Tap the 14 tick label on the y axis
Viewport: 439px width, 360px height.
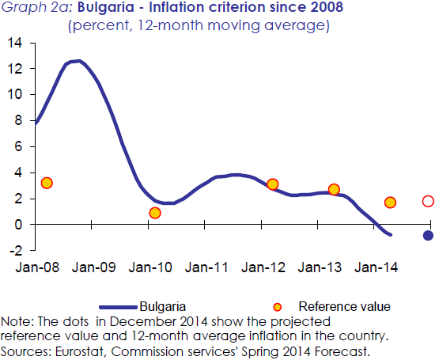pos(14,44)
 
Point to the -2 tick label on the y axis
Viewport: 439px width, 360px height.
pos(16,250)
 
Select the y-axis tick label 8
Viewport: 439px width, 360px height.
pos(18,121)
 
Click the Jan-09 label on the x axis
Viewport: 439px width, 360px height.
pos(94,267)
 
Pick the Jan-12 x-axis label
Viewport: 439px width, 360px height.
pos(263,267)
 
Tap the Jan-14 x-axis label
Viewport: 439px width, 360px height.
pos(376,267)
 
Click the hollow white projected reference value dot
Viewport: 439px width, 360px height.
pos(428,201)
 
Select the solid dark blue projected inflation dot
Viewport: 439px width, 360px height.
pos(428,236)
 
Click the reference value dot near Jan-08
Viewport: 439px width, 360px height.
pos(47,183)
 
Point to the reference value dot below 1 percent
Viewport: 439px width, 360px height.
pos(155,213)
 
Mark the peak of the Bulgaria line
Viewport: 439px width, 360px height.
pos(79,61)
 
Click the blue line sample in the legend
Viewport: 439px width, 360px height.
pos(118,307)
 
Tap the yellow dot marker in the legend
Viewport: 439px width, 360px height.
pos(278,307)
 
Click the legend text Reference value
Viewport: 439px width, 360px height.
pos(344,306)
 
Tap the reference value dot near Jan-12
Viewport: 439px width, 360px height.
pos(273,184)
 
